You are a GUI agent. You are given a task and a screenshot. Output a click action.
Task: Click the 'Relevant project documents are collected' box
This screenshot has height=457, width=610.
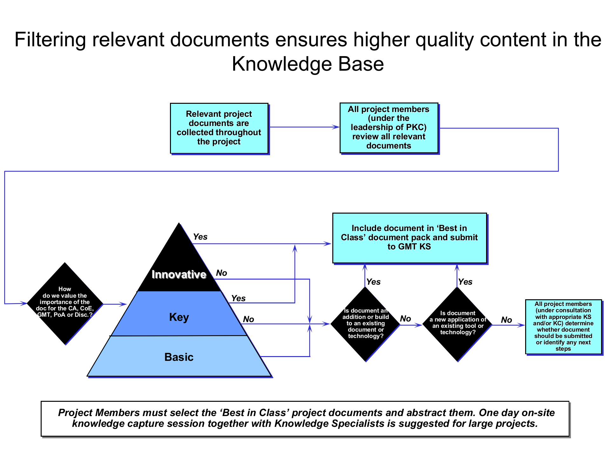(x=219, y=128)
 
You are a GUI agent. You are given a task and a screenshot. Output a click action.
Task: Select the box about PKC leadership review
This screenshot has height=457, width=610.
(x=389, y=128)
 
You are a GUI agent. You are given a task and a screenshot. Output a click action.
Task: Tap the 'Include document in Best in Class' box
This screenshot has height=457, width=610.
(x=409, y=238)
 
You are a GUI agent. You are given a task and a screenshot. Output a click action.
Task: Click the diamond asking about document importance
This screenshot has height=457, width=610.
(x=65, y=303)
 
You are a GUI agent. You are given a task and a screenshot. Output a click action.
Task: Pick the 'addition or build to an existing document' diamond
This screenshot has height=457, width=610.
(x=365, y=324)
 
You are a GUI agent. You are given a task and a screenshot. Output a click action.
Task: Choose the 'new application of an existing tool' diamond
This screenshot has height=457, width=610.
(x=457, y=324)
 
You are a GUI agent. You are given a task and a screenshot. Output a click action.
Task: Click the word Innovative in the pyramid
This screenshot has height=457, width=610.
(x=179, y=275)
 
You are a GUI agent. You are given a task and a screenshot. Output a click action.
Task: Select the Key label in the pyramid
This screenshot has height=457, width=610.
(x=179, y=317)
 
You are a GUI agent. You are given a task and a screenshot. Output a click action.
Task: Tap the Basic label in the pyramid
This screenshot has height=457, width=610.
(x=179, y=357)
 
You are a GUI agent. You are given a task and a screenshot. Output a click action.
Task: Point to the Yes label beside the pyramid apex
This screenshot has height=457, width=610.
(x=200, y=237)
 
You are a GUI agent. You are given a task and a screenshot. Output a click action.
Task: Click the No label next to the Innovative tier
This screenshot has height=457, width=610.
(x=221, y=273)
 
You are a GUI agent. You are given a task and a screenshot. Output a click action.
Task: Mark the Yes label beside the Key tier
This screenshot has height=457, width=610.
(x=238, y=298)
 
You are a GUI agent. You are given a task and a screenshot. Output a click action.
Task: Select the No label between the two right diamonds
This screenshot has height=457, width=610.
(x=405, y=319)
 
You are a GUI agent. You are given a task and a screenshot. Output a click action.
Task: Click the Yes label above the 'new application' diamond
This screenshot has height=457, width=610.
(x=465, y=282)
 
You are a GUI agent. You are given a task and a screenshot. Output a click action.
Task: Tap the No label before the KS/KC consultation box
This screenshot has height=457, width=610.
(x=506, y=320)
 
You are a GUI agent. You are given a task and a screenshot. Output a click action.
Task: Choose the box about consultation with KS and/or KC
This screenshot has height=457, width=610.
(x=563, y=326)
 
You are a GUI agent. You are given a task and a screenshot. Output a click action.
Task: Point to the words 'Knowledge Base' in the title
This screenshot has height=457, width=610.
(x=308, y=64)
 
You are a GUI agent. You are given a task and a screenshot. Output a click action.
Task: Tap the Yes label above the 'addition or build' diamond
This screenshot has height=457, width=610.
(x=373, y=282)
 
